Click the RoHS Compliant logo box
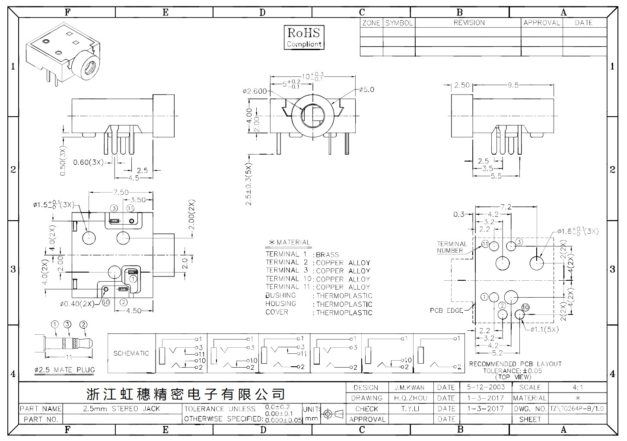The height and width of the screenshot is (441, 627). (x=304, y=38)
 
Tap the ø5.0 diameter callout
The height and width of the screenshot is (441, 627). (x=366, y=89)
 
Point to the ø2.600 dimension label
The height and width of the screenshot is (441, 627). (x=255, y=91)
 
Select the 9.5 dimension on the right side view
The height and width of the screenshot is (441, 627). (x=513, y=85)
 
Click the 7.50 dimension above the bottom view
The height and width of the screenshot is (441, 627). (x=121, y=192)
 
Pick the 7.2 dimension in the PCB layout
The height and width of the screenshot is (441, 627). (x=506, y=207)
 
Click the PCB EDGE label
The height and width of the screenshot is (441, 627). (x=446, y=311)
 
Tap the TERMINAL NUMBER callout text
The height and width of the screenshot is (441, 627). (x=452, y=247)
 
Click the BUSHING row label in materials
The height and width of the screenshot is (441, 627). (x=280, y=295)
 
